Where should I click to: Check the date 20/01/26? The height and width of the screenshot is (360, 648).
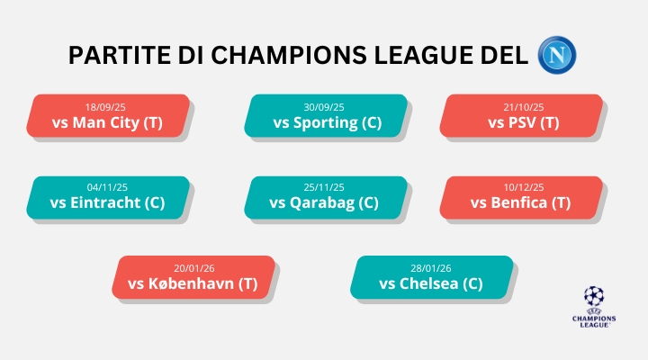[x=193, y=267]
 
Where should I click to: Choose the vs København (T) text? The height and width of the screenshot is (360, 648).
[x=193, y=283]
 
